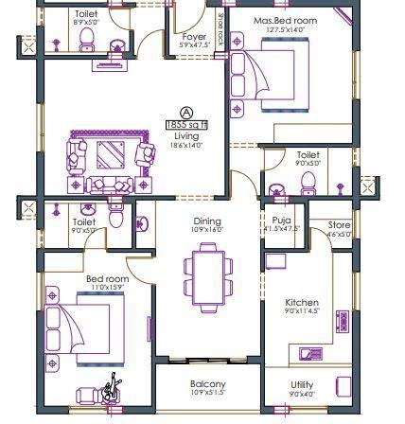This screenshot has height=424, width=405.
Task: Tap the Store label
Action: click(338, 224)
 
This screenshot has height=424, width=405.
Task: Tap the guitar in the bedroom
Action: click(111, 387)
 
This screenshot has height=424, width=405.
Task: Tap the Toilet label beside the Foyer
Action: click(85, 16)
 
